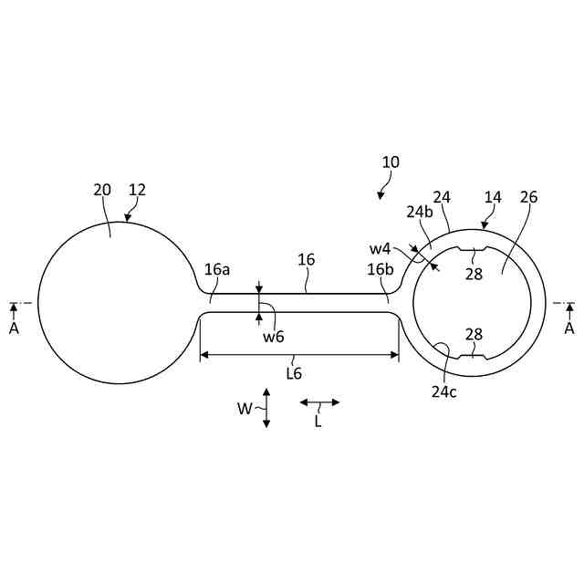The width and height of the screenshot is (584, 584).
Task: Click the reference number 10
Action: pos(391,162)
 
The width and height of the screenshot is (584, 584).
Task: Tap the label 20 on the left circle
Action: pos(102,190)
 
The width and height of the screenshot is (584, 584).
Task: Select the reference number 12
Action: pos(137,190)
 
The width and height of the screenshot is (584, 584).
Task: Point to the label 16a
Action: pos(217,269)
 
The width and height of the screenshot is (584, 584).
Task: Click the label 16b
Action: pos(380,269)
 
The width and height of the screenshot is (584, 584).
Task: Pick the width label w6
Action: pos(274,338)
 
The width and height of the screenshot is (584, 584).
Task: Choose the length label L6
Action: pos(294,372)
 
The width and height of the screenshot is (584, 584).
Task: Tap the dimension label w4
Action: pos(380,248)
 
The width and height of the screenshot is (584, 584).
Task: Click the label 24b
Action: pos(419,212)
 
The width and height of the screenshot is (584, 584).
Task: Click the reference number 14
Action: pos(493,197)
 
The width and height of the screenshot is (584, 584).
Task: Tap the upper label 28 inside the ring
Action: pos(474,274)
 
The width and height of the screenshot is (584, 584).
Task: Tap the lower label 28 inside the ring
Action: pos(474,335)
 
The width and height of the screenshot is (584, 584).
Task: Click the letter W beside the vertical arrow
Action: pos(245,409)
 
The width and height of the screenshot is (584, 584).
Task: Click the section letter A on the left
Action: pos(14,328)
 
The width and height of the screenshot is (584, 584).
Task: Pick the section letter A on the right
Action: pos(569,328)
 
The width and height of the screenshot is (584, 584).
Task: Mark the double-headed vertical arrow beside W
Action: pos(266,408)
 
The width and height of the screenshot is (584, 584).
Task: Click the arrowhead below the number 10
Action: pos(381,194)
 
